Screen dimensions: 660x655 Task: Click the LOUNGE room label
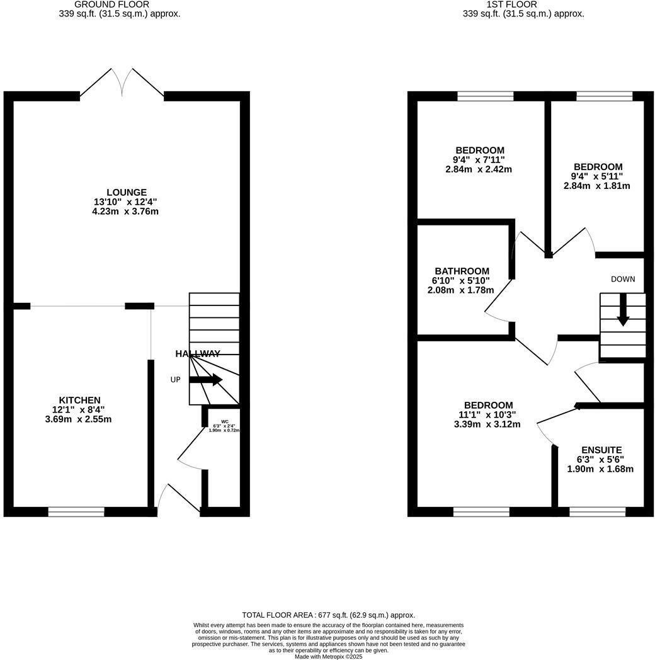tap(126, 193)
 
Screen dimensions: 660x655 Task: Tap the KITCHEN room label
tap(79, 400)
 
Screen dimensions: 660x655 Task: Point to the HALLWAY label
tap(198, 354)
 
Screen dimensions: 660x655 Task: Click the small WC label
tap(224, 422)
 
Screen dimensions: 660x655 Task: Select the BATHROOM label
tap(462, 271)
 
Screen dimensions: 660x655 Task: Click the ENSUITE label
tap(601, 450)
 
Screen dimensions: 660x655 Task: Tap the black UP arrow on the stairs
tap(205, 380)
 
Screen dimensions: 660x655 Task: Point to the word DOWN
tap(622, 279)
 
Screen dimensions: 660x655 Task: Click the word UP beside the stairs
tap(176, 380)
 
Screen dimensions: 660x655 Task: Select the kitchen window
tap(76, 512)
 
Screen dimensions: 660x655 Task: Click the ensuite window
tap(597, 512)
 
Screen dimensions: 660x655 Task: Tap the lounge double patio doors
tap(122, 83)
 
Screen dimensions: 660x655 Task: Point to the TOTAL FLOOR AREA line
tap(329, 615)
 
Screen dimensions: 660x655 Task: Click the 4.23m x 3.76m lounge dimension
tap(125, 212)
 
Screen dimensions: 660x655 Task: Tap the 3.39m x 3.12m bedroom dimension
tap(487, 424)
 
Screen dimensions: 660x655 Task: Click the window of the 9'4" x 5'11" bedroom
tap(604, 96)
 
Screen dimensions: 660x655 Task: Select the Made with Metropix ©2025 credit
tap(329, 656)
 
